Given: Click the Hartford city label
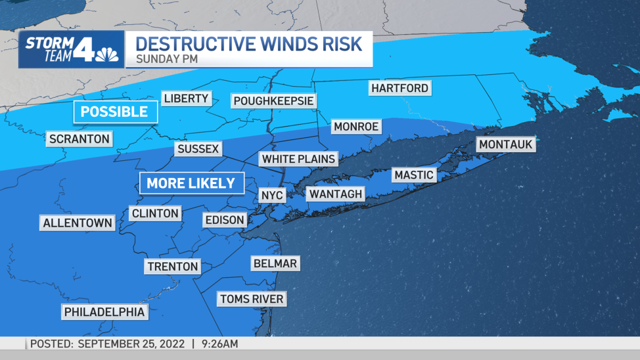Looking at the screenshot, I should (400, 88).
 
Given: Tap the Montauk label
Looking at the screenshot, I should (505, 145).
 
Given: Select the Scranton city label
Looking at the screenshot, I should (80, 139).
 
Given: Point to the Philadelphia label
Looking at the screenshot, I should (104, 312).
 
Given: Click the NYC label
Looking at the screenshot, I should (271, 196).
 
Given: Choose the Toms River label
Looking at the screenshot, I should (252, 300).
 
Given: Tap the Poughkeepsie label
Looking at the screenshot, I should (273, 101).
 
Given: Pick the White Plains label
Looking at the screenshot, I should (298, 159).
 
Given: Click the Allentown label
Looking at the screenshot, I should (78, 223).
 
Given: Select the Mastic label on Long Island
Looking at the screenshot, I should (414, 175).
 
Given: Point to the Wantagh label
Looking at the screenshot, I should (335, 194).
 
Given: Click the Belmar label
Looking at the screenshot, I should (275, 264).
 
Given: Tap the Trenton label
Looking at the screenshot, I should (172, 267).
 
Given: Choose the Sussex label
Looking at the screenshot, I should (198, 150).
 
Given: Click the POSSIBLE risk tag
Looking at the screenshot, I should (114, 112).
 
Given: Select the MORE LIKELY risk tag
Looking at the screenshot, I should (191, 183).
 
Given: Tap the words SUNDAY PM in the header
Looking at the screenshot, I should (168, 58).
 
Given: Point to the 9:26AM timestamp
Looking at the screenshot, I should (219, 344).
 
